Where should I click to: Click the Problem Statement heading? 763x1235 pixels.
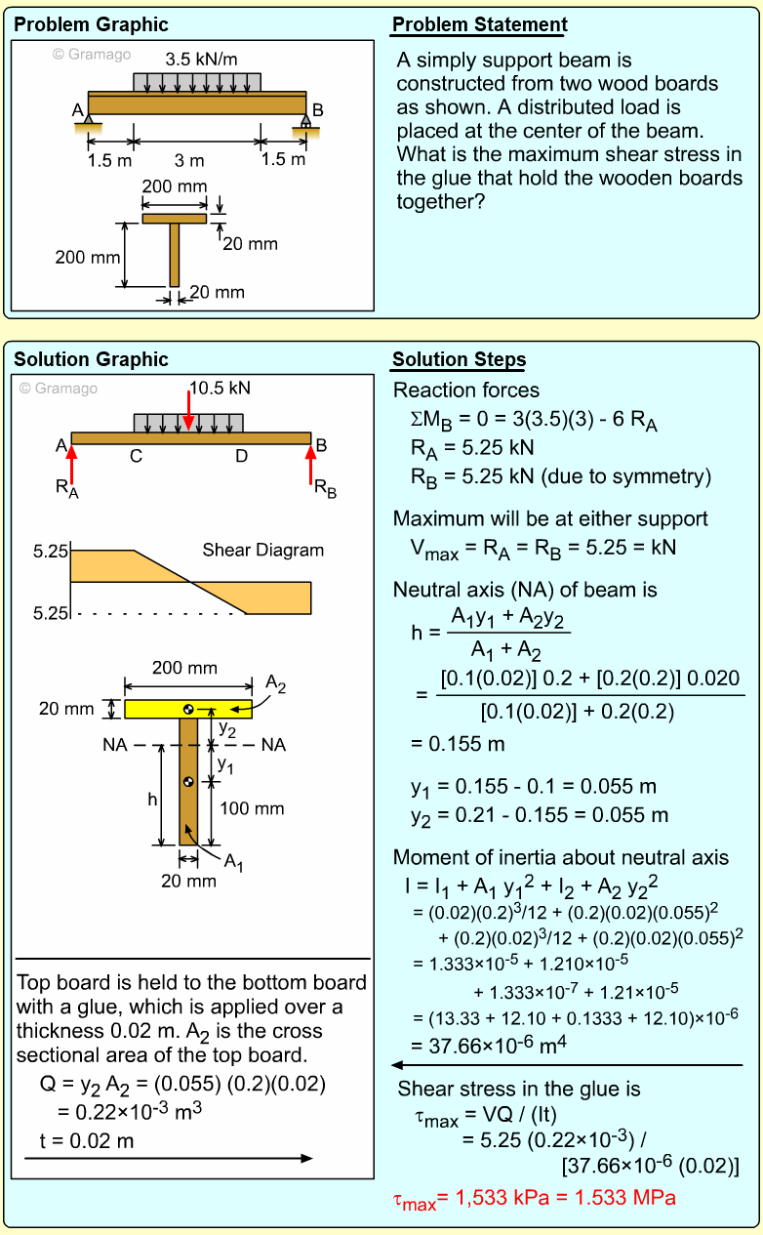[x=479, y=25]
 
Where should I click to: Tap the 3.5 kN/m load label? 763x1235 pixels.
[x=201, y=60]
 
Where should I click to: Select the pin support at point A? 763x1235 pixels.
[x=89, y=121]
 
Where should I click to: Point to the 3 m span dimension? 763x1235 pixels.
[x=189, y=160]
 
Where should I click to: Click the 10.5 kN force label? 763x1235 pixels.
[x=220, y=388]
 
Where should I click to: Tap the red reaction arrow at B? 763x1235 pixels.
[x=312, y=464]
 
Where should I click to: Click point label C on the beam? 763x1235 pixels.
[x=136, y=455]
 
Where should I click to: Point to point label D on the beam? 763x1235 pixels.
[x=241, y=455]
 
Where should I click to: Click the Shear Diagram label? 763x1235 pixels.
[x=262, y=550]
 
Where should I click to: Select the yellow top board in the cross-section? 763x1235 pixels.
[x=188, y=709]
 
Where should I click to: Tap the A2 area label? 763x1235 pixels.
[x=276, y=684]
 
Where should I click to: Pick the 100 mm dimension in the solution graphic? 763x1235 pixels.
[x=252, y=808]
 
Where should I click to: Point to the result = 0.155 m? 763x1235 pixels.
[x=458, y=743]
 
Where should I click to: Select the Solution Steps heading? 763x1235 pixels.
[x=459, y=360]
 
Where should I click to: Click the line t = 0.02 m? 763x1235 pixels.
[x=87, y=1140]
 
